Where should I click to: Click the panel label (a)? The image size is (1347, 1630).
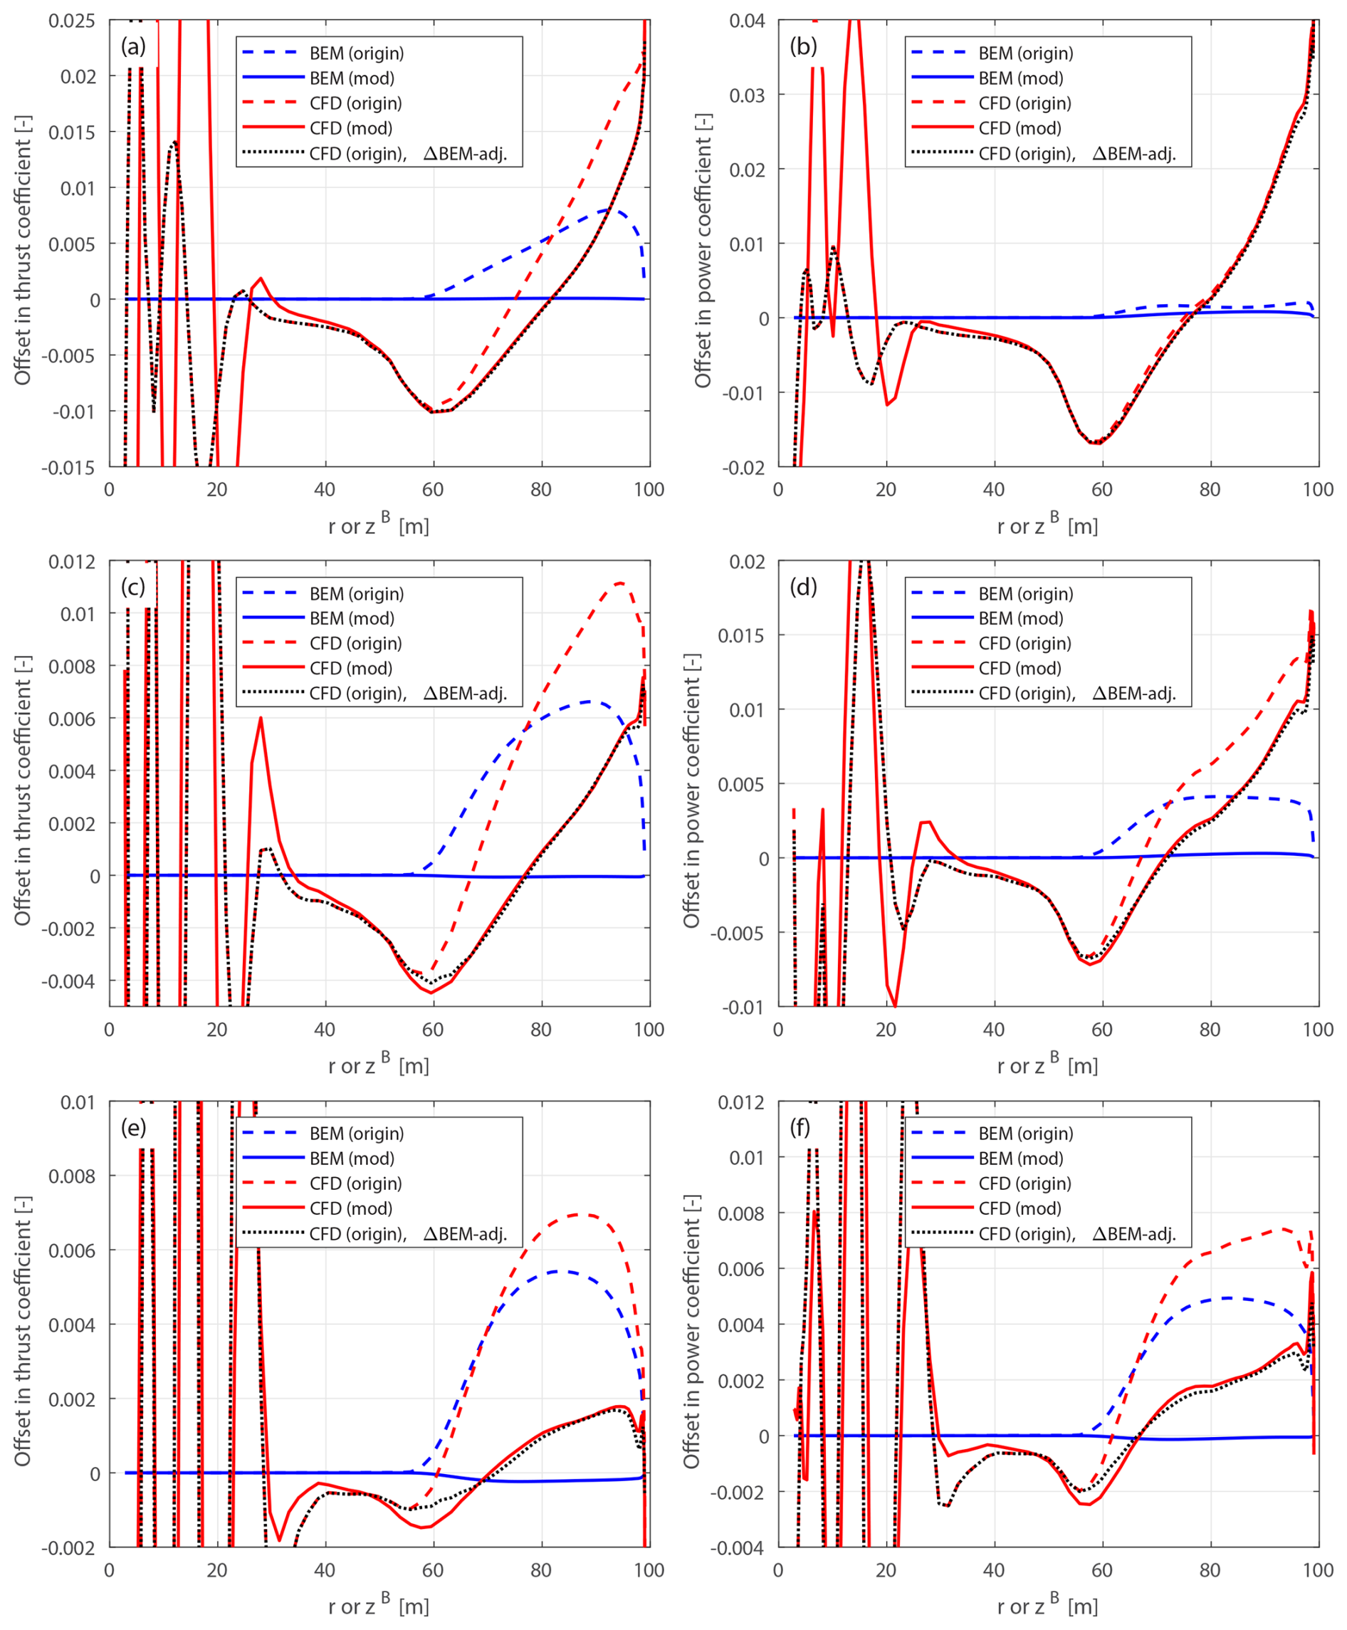click(x=132, y=46)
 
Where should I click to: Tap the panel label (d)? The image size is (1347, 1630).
click(x=803, y=587)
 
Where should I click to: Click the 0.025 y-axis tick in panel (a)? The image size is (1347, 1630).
click(x=71, y=21)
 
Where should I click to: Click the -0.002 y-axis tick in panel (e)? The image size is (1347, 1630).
click(x=68, y=1547)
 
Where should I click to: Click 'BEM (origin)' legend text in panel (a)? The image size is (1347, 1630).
click(x=357, y=53)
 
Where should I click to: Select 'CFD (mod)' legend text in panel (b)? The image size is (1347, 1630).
click(x=1020, y=128)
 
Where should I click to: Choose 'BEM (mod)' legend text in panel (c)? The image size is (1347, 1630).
click(x=352, y=619)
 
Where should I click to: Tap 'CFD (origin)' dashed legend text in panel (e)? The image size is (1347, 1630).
click(x=355, y=1184)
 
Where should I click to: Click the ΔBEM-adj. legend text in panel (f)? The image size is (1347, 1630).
click(x=1133, y=1234)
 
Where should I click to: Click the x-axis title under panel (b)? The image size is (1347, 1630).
click(x=1047, y=526)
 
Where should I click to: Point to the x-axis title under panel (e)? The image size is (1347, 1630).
click(x=379, y=1606)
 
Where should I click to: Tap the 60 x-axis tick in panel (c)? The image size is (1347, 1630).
click(x=433, y=1030)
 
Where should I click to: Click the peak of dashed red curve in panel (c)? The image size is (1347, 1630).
click(x=619, y=582)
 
